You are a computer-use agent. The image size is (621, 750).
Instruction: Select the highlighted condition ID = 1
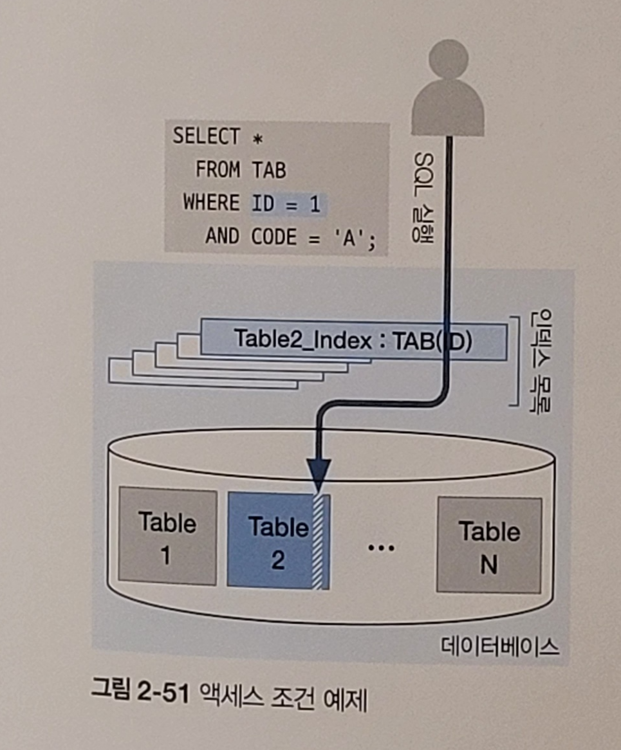(x=286, y=204)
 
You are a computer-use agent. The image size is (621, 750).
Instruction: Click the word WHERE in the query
(x=210, y=203)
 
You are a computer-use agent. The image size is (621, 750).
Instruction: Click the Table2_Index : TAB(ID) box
(x=353, y=340)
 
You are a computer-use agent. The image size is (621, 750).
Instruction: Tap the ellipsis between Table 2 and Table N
(x=382, y=547)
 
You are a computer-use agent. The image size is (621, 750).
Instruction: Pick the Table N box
(x=488, y=545)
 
